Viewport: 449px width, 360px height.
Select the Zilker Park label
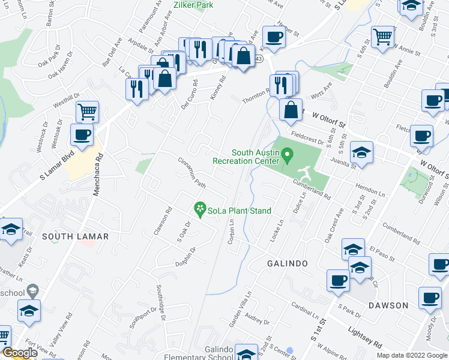click(x=193, y=5)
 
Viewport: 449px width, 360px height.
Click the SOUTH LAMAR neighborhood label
click(x=76, y=236)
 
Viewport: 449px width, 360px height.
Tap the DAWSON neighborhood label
click(x=388, y=305)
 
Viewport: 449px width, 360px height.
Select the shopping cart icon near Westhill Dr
click(x=88, y=112)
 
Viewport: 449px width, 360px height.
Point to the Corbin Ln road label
click(x=231, y=231)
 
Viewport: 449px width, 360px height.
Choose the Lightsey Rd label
click(x=365, y=338)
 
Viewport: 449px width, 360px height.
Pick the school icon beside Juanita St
click(x=361, y=153)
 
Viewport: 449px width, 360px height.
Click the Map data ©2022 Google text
click(x=411, y=355)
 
